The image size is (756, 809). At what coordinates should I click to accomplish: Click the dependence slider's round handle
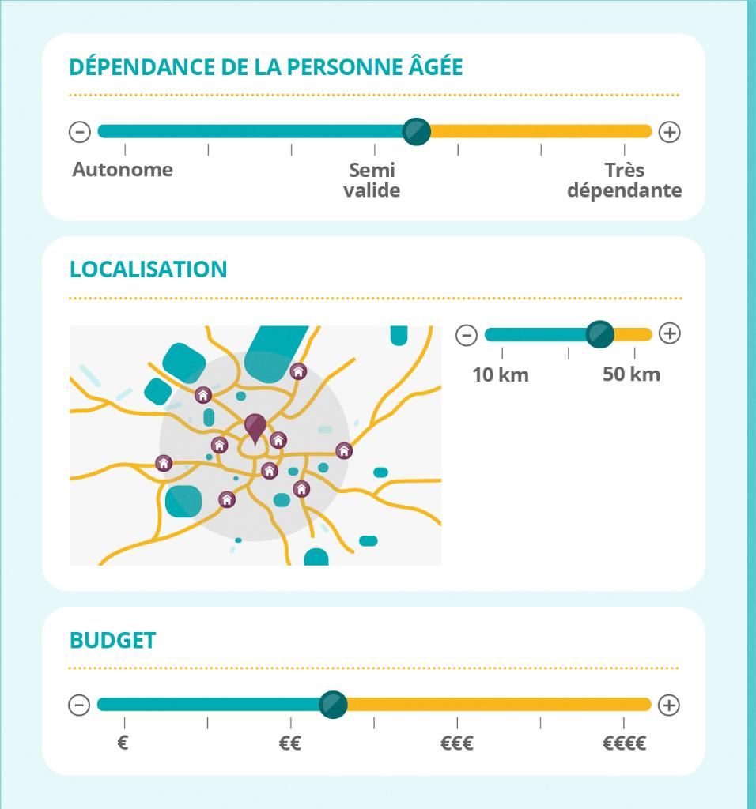(x=416, y=131)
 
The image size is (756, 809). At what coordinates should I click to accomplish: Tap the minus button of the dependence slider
(x=80, y=132)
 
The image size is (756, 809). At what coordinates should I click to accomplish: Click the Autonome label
(x=123, y=170)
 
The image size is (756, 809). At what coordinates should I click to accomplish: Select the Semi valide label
(x=372, y=180)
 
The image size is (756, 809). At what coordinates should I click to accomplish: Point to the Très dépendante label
(x=624, y=180)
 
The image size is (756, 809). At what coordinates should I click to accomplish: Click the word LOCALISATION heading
(x=148, y=269)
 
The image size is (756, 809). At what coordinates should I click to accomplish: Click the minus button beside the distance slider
(x=467, y=334)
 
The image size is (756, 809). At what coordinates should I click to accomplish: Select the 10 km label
(x=501, y=374)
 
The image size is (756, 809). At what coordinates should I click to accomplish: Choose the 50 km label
(x=631, y=374)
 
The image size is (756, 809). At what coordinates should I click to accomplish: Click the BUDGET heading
(x=112, y=640)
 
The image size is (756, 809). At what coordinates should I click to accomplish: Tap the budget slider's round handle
(x=333, y=704)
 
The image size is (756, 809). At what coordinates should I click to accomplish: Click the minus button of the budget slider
(x=79, y=705)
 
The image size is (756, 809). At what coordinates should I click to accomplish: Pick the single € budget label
(x=123, y=743)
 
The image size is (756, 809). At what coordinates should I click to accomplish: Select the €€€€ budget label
(x=624, y=743)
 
